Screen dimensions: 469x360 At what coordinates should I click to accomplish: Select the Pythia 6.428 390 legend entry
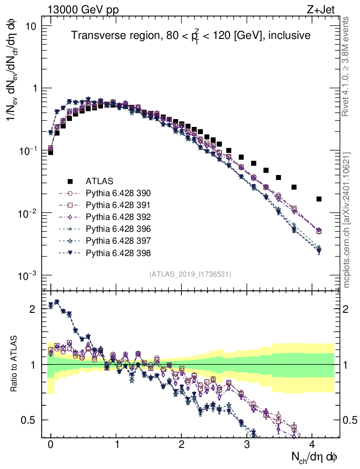click(123, 193)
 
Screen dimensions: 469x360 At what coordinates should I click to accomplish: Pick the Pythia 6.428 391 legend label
click(123, 205)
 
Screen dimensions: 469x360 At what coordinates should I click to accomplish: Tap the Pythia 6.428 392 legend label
click(123, 217)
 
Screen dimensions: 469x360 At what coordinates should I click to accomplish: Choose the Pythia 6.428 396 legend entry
click(123, 229)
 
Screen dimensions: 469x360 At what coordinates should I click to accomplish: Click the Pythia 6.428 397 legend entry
click(123, 240)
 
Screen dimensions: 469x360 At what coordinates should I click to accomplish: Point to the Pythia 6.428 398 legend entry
click(123, 252)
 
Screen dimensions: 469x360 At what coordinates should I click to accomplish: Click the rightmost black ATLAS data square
click(319, 199)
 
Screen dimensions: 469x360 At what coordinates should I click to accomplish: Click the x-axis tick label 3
click(247, 445)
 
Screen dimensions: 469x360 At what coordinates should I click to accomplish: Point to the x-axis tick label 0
click(51, 445)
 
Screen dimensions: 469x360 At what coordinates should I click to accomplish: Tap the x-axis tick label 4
click(312, 445)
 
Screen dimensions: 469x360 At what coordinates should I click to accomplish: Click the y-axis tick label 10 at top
click(31, 26)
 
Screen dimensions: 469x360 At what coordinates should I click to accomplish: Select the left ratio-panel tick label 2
click(33, 309)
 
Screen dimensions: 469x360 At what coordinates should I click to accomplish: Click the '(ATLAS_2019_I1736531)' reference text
click(190, 274)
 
